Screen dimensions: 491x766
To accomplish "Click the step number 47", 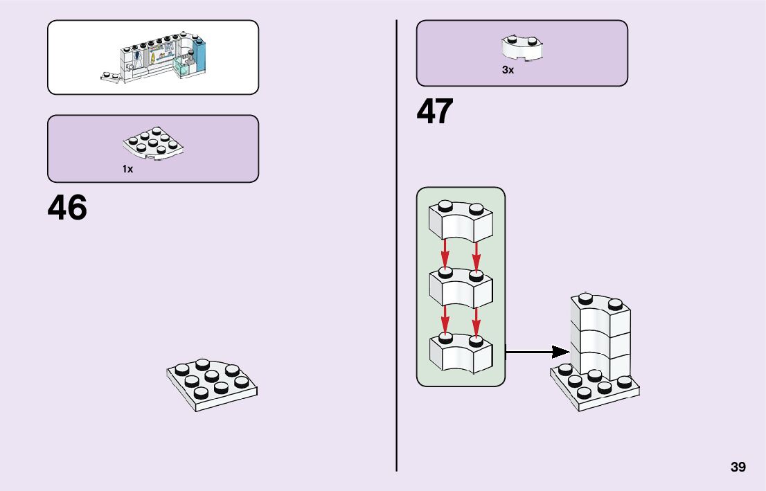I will [x=435, y=111].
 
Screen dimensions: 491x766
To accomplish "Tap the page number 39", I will [x=738, y=467].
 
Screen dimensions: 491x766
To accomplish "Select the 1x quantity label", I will [x=128, y=169].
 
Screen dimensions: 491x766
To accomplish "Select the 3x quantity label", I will [x=508, y=70].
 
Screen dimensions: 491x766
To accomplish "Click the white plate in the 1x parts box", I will [x=153, y=144].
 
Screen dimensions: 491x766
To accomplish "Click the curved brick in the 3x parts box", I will [x=522, y=47].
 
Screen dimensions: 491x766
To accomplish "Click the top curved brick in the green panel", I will [x=461, y=222].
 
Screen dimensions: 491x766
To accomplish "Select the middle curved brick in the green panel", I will [x=461, y=287].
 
